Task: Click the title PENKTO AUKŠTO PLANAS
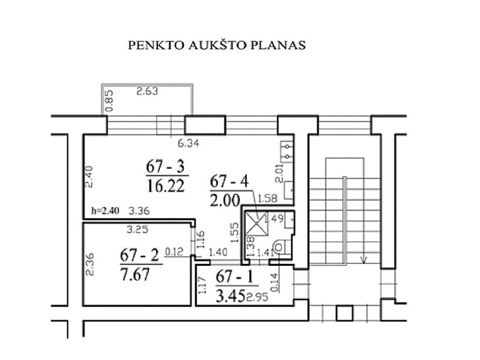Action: [217, 45]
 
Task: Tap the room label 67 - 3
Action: [165, 167]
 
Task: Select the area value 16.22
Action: [166, 186]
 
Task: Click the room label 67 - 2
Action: [140, 255]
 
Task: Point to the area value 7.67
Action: [135, 274]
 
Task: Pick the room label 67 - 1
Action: [234, 277]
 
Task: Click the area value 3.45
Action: [230, 296]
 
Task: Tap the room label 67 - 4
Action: [229, 181]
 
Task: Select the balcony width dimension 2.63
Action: [147, 91]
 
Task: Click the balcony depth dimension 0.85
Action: [109, 100]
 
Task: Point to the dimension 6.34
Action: [188, 143]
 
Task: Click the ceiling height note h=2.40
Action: [105, 210]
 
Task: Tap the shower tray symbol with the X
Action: [257, 222]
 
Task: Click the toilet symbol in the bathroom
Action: [280, 247]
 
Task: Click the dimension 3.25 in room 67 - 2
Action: [138, 229]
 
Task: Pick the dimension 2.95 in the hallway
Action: [258, 297]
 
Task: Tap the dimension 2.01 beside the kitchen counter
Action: [279, 173]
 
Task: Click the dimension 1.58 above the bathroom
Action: [267, 199]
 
